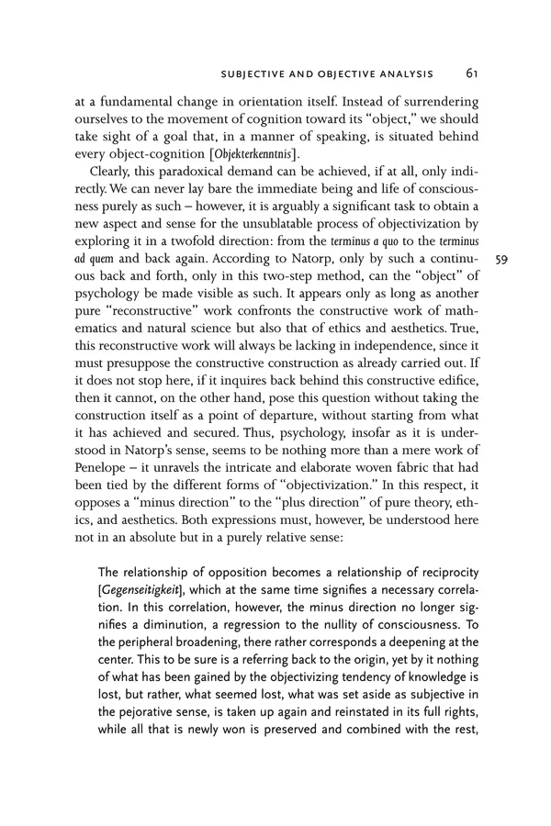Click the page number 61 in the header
(470, 73)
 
